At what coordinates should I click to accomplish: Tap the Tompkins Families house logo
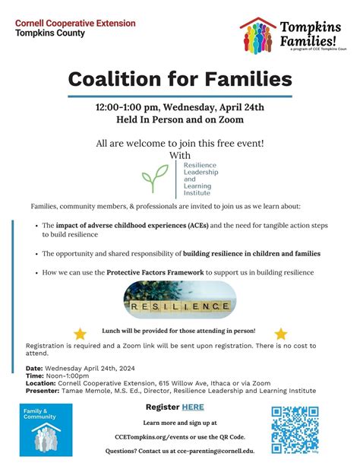coord(257,35)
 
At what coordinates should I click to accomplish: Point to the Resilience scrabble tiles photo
coord(180,300)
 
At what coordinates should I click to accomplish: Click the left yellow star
coord(80,333)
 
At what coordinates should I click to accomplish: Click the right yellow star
coord(281,333)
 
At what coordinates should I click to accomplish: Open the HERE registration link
coord(193,407)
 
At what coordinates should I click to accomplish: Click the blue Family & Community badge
coord(46,430)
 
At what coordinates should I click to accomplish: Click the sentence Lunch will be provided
coord(179,331)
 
